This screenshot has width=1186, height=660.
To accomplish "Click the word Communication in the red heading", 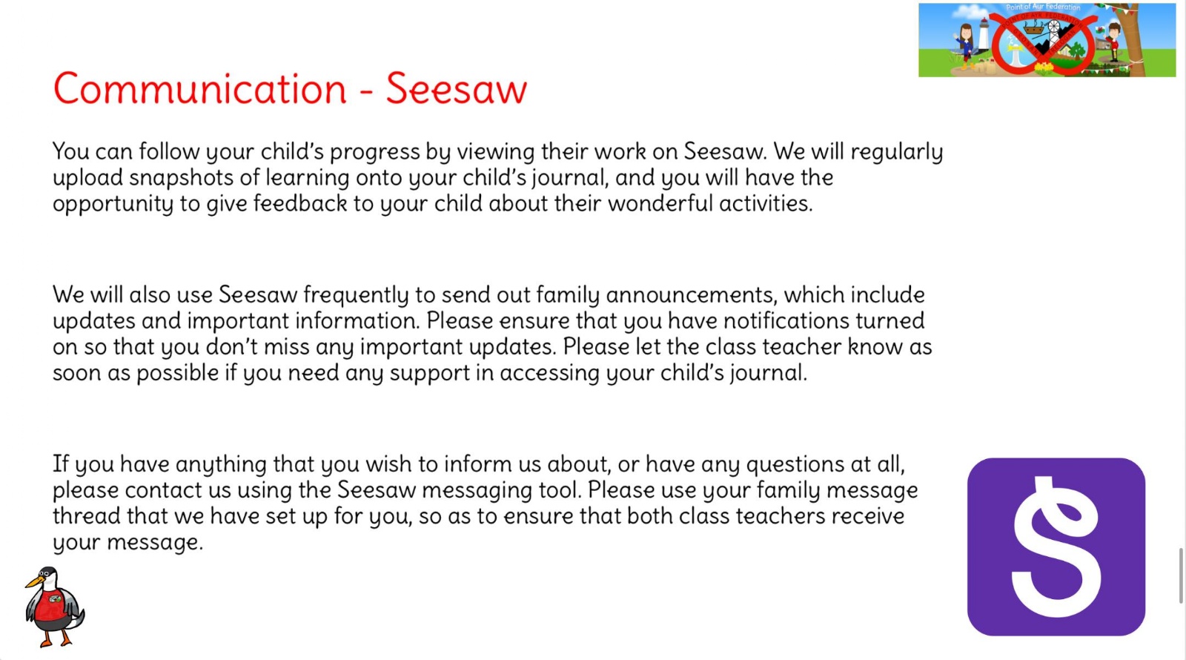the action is (200, 88).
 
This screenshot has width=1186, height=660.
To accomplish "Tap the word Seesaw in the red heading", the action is (457, 88).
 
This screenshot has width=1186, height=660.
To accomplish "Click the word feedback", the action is (299, 203).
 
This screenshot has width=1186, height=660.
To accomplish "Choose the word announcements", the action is (692, 296).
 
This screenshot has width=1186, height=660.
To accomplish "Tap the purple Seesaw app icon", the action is (1056, 547).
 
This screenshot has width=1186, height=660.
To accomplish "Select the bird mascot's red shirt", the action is (51, 607).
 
